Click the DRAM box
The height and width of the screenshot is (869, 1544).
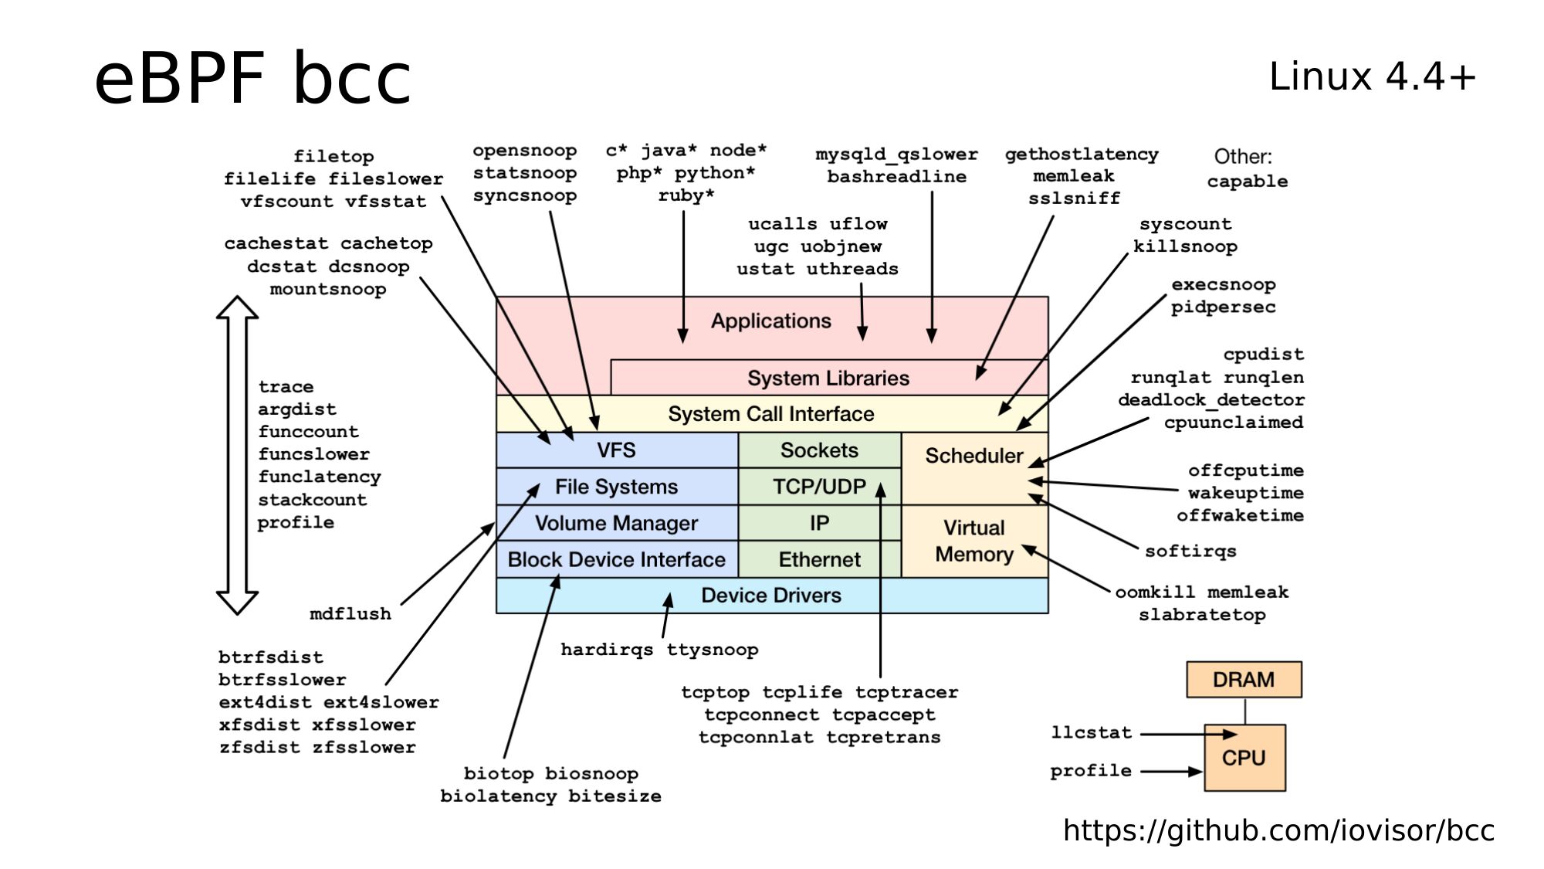(x=1244, y=680)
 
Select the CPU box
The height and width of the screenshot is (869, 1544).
(x=1244, y=758)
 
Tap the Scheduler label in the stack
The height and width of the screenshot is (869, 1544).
(x=973, y=456)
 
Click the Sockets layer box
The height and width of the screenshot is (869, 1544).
(x=819, y=450)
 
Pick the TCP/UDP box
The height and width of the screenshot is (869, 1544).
(x=819, y=487)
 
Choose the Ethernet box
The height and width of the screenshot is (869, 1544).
(x=819, y=559)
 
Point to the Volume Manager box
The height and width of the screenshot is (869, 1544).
(x=616, y=523)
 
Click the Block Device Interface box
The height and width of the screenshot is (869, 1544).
(x=616, y=559)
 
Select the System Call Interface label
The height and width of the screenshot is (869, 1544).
(x=770, y=414)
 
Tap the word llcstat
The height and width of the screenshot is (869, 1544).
(x=1091, y=732)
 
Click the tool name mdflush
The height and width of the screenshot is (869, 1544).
(x=350, y=614)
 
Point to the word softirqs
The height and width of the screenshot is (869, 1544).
(x=1190, y=551)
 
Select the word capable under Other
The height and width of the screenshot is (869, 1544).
(x=1247, y=182)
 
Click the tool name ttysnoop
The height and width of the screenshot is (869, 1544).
(x=712, y=650)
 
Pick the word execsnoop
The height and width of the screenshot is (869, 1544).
(x=1223, y=284)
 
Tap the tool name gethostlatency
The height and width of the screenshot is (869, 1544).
(x=1081, y=154)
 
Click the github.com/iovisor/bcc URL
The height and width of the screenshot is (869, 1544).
(x=1278, y=830)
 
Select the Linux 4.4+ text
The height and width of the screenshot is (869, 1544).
(x=1372, y=76)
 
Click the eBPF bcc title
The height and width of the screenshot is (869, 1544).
(x=252, y=78)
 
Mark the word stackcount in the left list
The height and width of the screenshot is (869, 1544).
(x=312, y=500)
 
